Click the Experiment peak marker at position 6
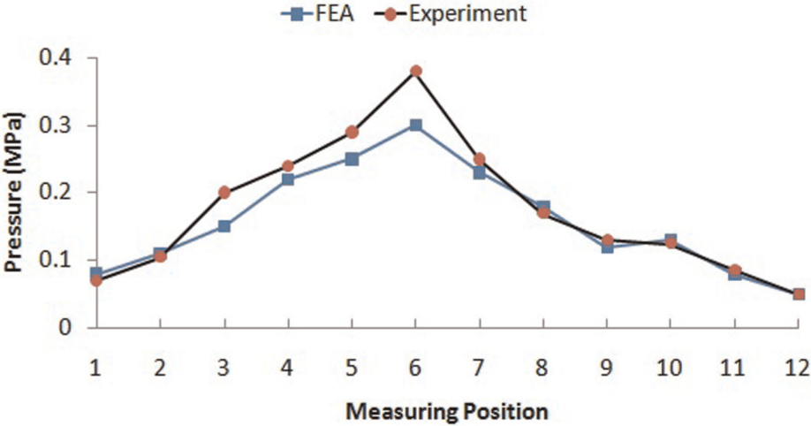click(x=416, y=71)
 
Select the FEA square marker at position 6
click(x=416, y=126)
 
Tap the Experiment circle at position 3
click(x=224, y=193)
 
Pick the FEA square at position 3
click(x=224, y=226)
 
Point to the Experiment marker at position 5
click(x=352, y=132)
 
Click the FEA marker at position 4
click(x=288, y=179)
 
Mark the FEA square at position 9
click(x=607, y=247)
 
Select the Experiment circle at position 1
click(x=96, y=280)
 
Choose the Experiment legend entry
click(x=450, y=13)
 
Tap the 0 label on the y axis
click(x=65, y=328)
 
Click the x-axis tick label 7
click(x=480, y=368)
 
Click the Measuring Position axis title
click(x=446, y=413)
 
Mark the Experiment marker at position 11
click(x=735, y=270)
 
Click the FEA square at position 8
click(x=543, y=207)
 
